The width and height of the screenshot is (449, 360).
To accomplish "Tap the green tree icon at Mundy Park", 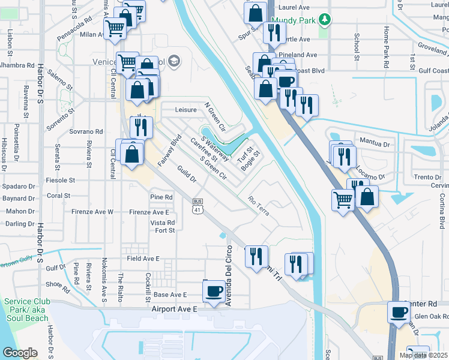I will [325, 20].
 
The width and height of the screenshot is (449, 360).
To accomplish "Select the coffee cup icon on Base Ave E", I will [214, 292].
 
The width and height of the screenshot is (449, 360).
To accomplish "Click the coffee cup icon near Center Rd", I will [399, 312].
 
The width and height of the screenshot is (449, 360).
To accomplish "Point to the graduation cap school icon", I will [174, 60].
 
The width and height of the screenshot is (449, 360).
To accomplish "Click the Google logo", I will [20, 352].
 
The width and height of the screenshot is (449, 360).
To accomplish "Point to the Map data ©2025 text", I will [423, 355].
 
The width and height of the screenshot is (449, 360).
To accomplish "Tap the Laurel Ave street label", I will [294, 7].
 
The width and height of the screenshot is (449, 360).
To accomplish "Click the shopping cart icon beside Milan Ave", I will [115, 28].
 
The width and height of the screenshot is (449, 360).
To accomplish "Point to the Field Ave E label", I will [143, 259].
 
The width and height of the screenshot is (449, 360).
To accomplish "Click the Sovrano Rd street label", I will [86, 131].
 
